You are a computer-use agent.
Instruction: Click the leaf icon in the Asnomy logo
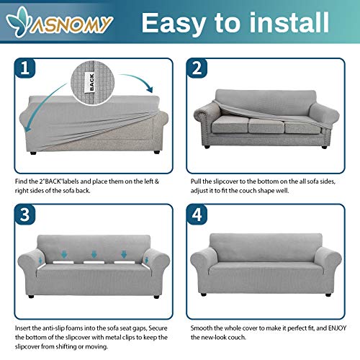click(27, 22)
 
